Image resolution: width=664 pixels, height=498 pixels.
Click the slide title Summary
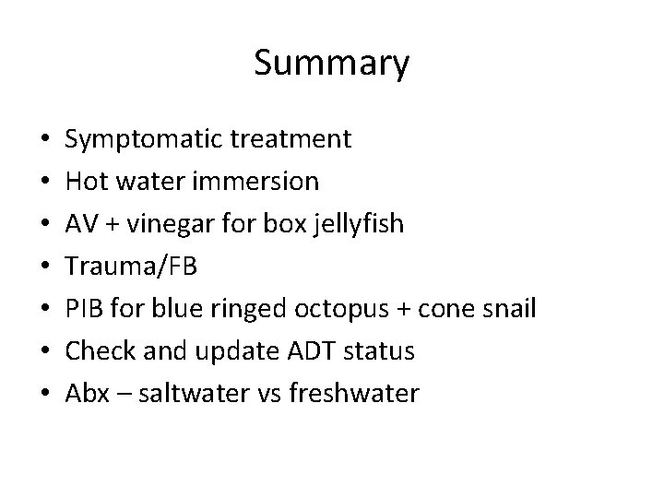(331, 64)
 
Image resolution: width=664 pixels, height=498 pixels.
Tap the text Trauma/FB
(131, 267)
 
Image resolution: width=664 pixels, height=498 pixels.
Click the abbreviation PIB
(84, 309)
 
